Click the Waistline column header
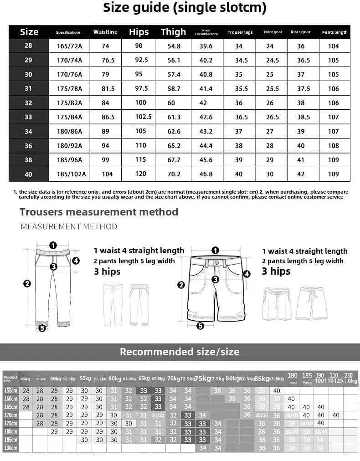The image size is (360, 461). point(105,32)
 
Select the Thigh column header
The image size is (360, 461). point(173,32)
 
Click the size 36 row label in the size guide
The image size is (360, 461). point(28,146)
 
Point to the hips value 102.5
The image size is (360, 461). point(143,117)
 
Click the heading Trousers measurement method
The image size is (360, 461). point(99,212)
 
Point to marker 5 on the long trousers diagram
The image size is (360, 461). point(42,328)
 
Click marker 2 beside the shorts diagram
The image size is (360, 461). point(181,285)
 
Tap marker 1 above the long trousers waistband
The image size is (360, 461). point(53,245)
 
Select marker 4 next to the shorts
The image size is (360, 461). point(247,274)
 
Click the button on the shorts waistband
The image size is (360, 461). point(216,262)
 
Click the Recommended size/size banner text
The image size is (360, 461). point(180,352)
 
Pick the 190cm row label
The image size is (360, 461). point(10,448)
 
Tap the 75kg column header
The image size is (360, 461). point(203,378)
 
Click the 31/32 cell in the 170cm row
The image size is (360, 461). point(158,415)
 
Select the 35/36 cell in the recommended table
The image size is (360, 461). point(262,415)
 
